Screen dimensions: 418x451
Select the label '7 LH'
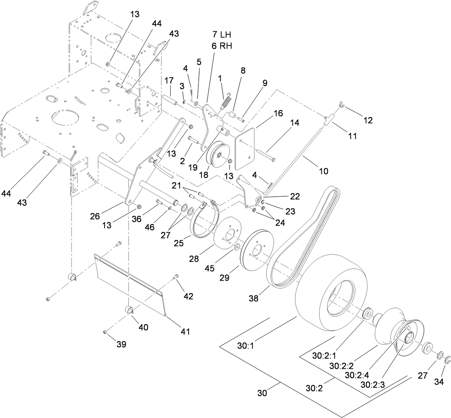tap(221, 35)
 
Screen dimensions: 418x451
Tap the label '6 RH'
tap(221, 46)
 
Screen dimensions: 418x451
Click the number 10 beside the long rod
tap(323, 171)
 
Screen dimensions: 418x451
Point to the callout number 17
tap(169, 81)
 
